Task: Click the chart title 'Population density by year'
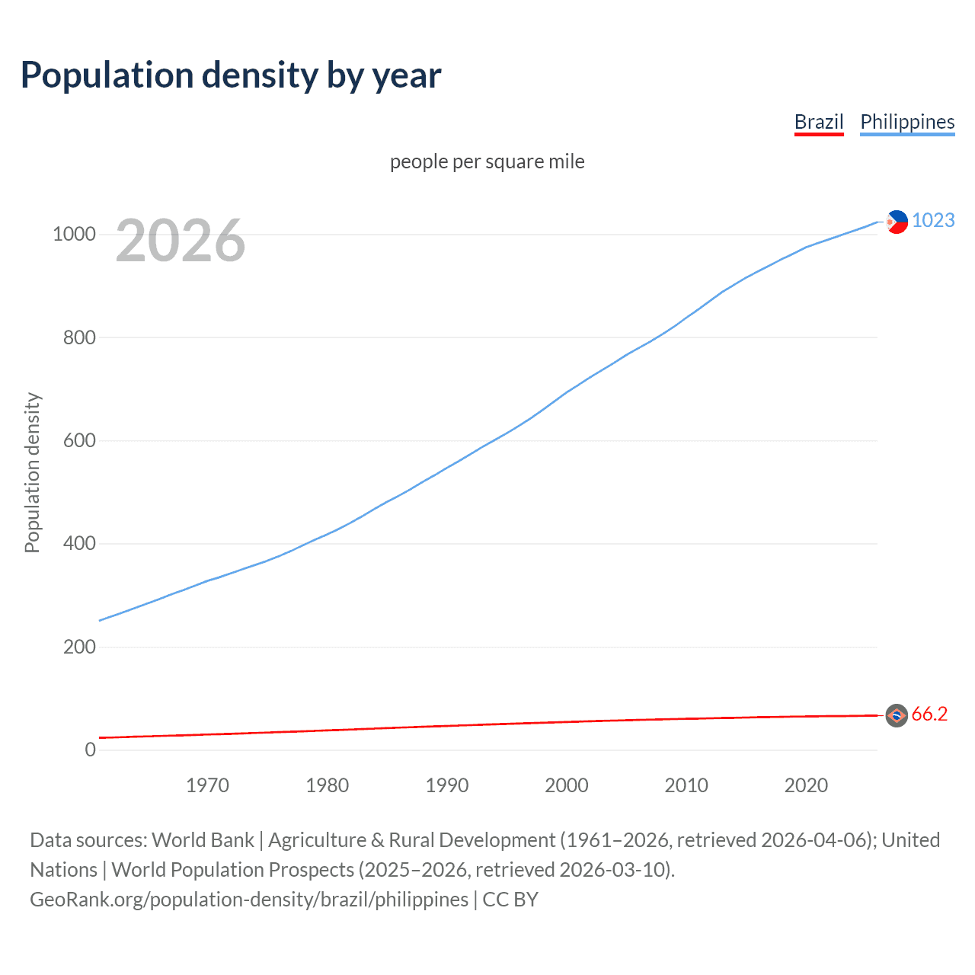click(x=231, y=75)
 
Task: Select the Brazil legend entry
click(x=819, y=122)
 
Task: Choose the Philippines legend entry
click(x=907, y=122)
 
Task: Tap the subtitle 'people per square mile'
click(x=487, y=161)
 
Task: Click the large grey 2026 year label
click(x=181, y=241)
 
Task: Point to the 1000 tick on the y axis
click(x=74, y=234)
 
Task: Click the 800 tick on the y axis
click(x=79, y=337)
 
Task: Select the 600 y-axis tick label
click(x=79, y=440)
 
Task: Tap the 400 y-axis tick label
click(x=79, y=544)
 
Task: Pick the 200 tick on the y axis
click(x=79, y=647)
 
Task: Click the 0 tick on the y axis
click(x=91, y=750)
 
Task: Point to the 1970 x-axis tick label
click(x=207, y=785)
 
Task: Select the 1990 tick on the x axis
click(x=447, y=785)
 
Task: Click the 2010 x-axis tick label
click(x=686, y=785)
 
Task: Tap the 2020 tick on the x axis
click(x=806, y=785)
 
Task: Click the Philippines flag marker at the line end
click(x=897, y=222)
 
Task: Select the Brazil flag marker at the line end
click(x=897, y=715)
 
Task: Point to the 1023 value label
click(x=933, y=220)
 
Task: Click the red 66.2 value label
click(x=929, y=714)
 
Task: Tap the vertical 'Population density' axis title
click(x=32, y=472)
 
